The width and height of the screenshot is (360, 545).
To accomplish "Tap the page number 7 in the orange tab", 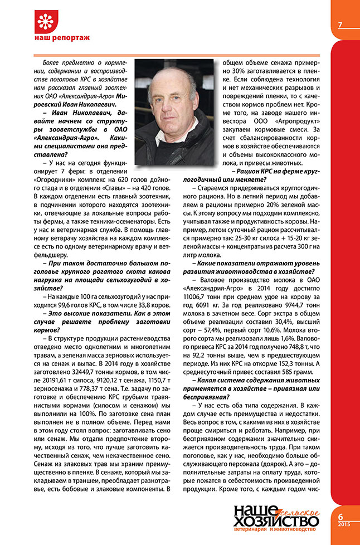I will (x=339, y=25).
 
